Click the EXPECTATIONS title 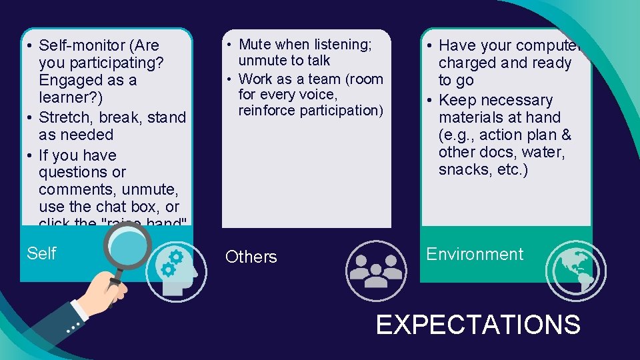pos(478,325)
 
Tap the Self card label pos(41,253)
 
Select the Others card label pos(251,257)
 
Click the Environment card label pos(475,254)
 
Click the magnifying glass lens pos(126,247)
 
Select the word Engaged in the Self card pos(69,80)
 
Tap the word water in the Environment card pos(543,152)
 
